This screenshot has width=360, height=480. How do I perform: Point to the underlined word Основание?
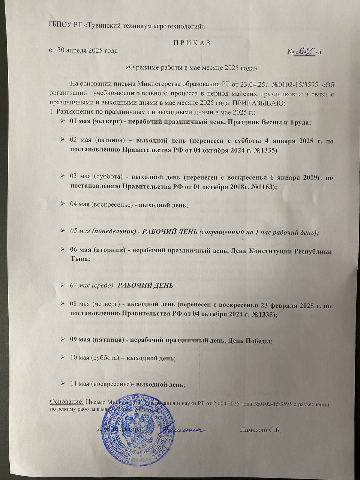point(67,401)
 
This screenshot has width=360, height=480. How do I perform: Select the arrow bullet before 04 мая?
point(63,204)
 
